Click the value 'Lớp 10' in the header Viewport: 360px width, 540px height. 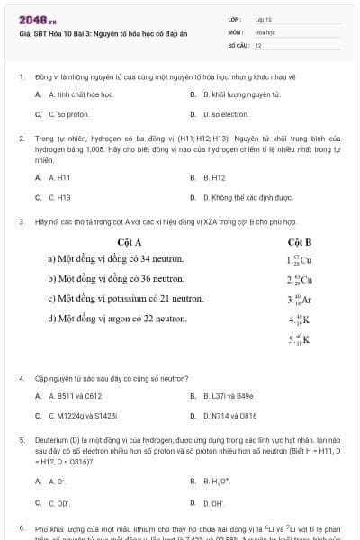tap(264, 19)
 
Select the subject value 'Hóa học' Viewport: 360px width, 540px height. tap(265, 31)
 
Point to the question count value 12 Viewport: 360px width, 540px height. tap(258, 44)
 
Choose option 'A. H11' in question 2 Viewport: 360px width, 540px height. tap(58, 177)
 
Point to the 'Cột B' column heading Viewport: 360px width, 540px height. tap(300, 242)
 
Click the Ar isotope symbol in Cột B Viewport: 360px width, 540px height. tap(301, 300)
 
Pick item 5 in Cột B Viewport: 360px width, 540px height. tap(300, 339)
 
